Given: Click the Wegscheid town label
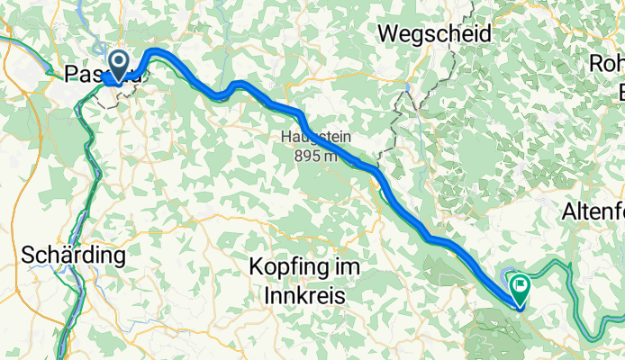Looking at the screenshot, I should point(436,34).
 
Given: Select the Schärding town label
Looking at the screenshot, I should point(73,255).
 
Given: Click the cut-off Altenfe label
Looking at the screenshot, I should point(593,213).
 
